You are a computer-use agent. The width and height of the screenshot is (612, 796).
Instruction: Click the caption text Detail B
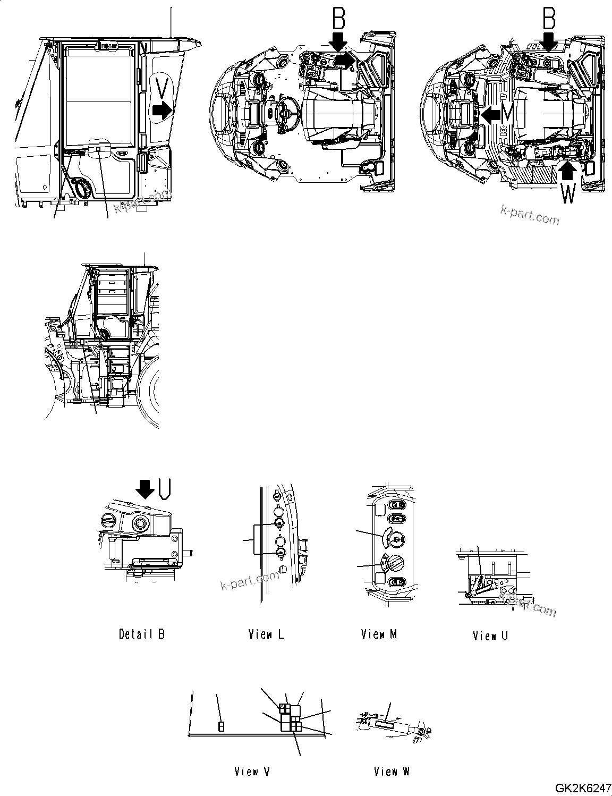coord(141,634)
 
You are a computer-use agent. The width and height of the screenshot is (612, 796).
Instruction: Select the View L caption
coord(266,634)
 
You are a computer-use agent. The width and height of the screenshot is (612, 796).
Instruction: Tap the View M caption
coord(379,634)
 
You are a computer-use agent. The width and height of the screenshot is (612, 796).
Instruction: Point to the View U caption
coord(490,636)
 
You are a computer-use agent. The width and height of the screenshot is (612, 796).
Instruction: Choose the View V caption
coord(252,771)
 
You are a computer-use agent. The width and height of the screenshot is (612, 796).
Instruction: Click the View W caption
coord(392,771)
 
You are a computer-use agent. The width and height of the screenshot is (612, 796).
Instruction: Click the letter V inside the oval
coord(164,86)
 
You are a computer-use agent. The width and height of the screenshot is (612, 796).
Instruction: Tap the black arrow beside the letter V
coord(161,111)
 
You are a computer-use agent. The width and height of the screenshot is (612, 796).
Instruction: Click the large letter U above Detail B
coord(164,488)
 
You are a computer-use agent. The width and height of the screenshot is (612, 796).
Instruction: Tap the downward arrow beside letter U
coord(145,488)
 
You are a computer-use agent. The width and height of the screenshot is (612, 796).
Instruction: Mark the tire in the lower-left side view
coord(150,393)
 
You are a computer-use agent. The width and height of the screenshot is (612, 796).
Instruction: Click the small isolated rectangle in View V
coord(222,726)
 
